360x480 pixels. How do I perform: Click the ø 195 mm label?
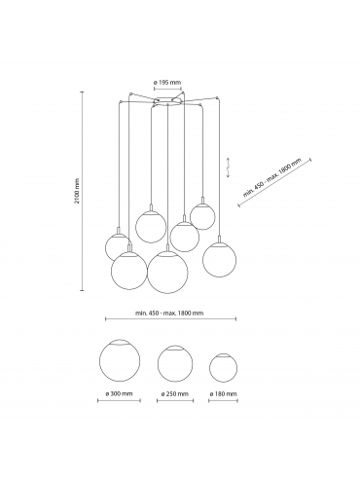[167, 83]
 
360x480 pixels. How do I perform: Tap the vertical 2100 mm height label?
[77, 191]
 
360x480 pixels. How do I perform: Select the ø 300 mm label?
[119, 393]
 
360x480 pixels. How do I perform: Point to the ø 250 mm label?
[175, 393]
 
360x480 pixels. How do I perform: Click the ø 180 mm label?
[223, 393]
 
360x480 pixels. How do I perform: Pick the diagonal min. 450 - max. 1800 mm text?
[272, 177]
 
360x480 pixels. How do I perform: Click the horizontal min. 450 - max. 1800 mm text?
[169, 314]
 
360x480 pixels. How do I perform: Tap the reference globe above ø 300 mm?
[120, 361]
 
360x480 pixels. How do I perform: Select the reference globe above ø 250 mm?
[175, 363]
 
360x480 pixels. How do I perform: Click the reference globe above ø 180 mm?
[223, 368]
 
